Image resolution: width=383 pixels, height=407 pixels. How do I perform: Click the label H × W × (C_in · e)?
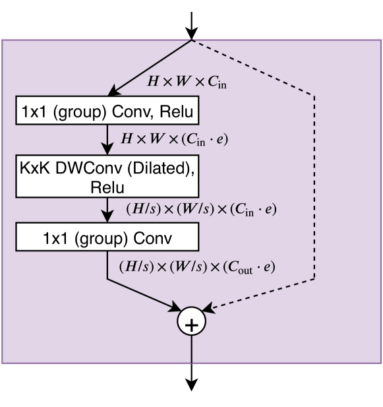pyautogui.click(x=175, y=140)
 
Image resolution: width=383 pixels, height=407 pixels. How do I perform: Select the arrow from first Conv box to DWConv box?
pyautogui.click(x=107, y=139)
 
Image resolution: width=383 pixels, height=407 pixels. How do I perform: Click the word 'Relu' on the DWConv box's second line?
pyautogui.click(x=107, y=187)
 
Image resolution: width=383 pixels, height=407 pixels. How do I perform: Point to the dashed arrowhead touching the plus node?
pyautogui.click(x=210, y=307)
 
